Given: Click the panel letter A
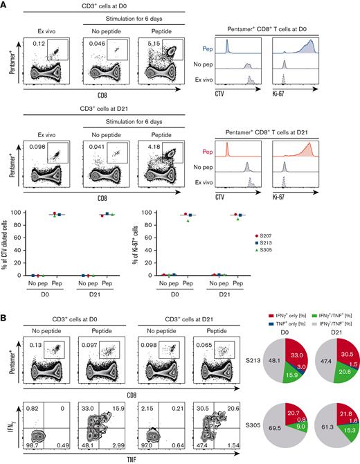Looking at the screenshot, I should tap(5, 5).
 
